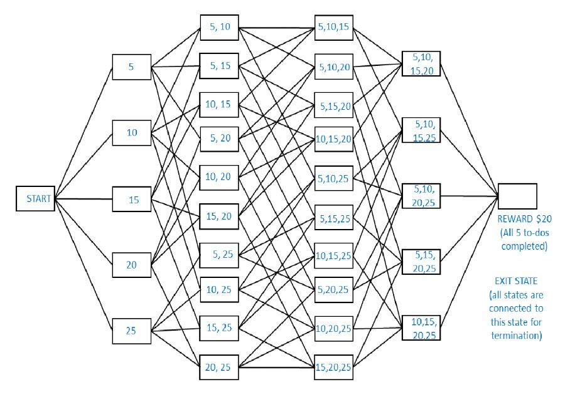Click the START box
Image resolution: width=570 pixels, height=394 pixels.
pos(35,199)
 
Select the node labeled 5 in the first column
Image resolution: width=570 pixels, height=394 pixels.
pos(131,67)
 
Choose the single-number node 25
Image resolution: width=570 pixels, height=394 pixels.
pos(131,331)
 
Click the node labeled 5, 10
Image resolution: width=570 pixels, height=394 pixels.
pos(219,28)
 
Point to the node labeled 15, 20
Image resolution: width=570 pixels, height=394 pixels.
pos(219,216)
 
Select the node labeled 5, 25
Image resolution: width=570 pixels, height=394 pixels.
pos(219,254)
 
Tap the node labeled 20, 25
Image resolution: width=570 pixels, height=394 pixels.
pos(219,367)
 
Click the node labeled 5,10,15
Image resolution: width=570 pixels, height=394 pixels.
pos(333,28)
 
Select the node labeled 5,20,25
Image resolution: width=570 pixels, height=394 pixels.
pos(333,290)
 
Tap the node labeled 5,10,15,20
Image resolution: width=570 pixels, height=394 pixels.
pos(421,63)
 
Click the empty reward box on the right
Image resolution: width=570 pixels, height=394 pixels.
pos(517,196)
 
